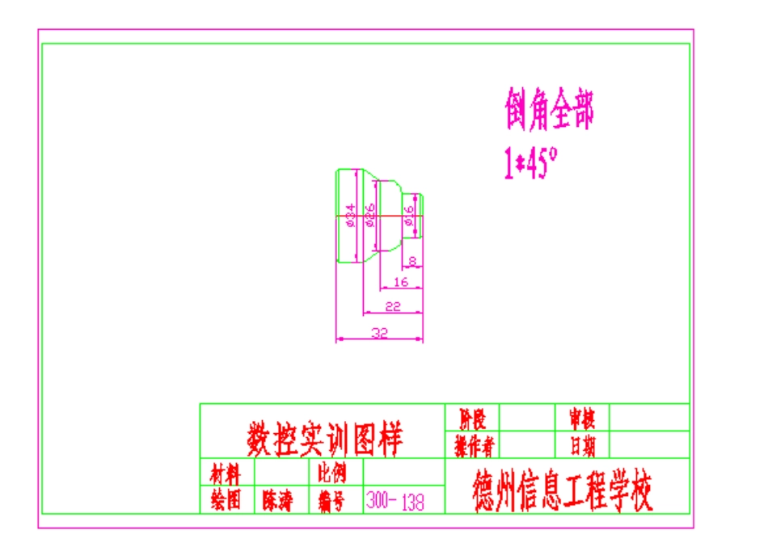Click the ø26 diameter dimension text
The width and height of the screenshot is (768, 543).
371,216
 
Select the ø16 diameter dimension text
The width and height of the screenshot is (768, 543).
410,216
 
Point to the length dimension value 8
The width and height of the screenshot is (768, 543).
412,261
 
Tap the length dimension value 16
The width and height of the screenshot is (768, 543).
400,282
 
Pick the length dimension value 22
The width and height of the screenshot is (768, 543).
393,306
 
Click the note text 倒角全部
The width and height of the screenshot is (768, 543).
550,110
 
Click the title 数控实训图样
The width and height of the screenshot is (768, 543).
324,440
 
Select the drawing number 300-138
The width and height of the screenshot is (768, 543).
395,501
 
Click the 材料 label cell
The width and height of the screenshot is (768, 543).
226,472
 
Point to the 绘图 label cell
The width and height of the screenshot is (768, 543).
226,501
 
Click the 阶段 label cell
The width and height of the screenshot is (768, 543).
473,418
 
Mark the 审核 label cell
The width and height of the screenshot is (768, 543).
582,418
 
